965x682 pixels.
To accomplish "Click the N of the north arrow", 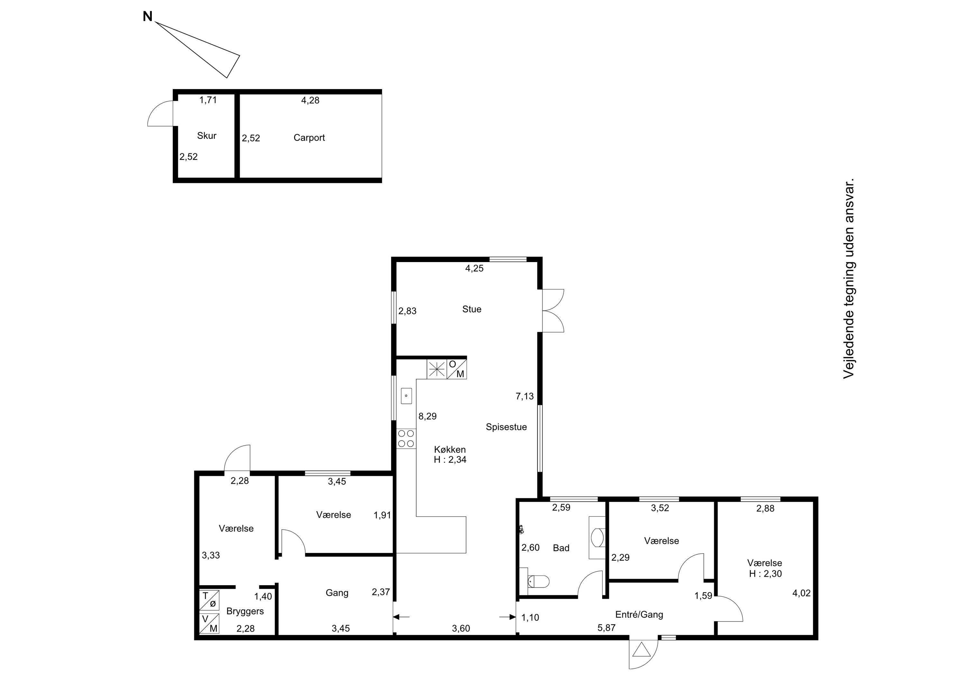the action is (x=148, y=17).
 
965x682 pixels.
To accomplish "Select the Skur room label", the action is (x=207, y=136).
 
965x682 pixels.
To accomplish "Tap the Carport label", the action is (x=309, y=138).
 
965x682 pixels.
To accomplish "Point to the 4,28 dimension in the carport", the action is (x=310, y=100).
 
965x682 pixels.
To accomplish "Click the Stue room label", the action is (x=472, y=309).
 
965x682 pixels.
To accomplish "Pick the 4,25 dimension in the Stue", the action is (x=474, y=268).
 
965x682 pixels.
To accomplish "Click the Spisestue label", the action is (x=506, y=427).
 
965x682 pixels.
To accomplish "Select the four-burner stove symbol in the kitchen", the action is (x=406, y=438).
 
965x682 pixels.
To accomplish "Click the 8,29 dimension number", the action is (x=427, y=416).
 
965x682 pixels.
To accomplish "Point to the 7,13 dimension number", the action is (x=525, y=396).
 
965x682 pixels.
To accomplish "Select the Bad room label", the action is (x=561, y=548).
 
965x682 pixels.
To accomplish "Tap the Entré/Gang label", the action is (x=639, y=615).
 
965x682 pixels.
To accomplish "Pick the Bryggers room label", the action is (x=245, y=611).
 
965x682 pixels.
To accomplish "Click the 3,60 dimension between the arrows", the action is (x=461, y=629).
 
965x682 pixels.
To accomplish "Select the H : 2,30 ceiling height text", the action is (x=765, y=574).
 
